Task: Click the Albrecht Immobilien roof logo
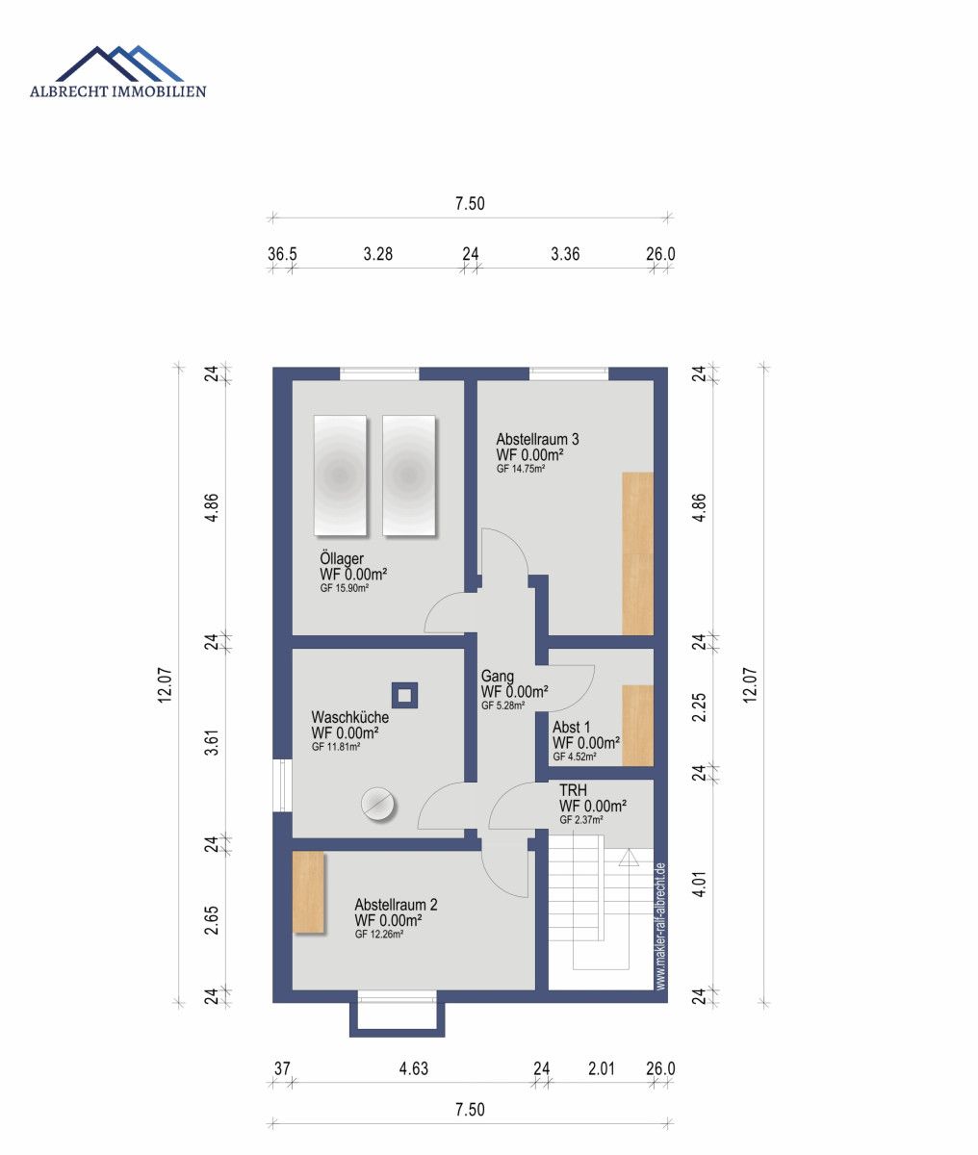tap(119, 64)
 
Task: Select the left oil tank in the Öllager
tap(340, 475)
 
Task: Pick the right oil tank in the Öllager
tap(408, 475)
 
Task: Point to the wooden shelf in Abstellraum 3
tap(637, 553)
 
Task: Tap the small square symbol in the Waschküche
tap(405, 694)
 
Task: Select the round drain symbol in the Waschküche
tap(378, 804)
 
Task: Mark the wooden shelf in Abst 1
tap(637, 725)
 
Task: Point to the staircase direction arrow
tap(629, 859)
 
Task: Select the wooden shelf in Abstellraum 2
tap(308, 892)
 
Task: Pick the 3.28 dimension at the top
tap(377, 255)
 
